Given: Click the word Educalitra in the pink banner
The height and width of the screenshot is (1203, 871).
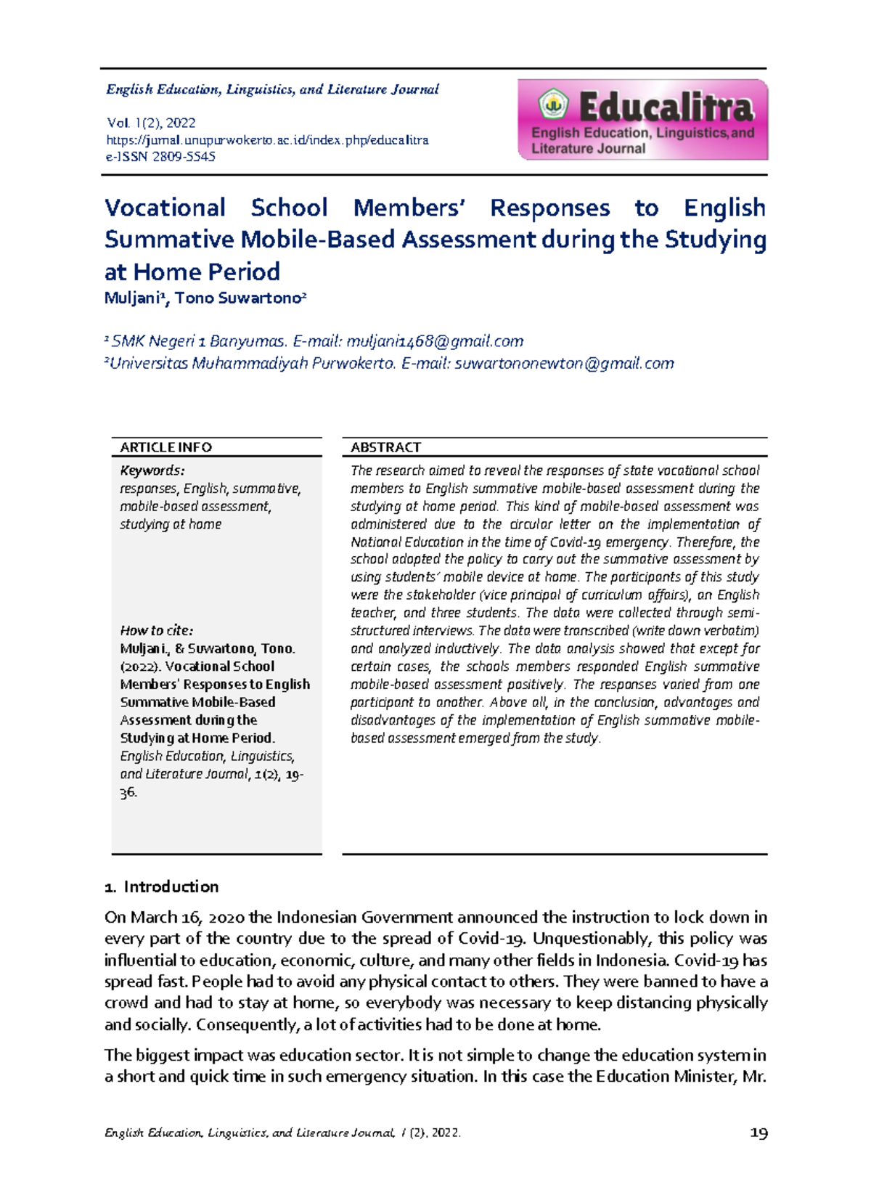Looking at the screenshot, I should [666, 108].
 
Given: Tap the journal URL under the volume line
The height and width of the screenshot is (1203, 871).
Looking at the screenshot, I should [267, 139].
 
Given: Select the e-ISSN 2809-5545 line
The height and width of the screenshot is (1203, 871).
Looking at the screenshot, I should [160, 156].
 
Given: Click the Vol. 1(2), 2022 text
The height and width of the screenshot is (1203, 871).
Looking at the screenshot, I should [151, 123].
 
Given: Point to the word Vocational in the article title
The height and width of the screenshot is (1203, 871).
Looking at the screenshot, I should [165, 208].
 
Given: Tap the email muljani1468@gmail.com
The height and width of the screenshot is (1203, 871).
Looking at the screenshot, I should [435, 341].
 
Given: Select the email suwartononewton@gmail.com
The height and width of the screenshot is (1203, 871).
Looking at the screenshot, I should [564, 363].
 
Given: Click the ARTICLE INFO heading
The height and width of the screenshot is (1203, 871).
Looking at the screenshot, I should [165, 447].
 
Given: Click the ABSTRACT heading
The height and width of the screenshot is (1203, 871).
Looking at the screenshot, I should [385, 447].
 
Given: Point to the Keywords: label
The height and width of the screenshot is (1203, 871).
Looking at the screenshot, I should [152, 470].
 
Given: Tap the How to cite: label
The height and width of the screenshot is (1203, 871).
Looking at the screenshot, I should [156, 630].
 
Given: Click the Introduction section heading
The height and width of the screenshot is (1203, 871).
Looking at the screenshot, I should [171, 886].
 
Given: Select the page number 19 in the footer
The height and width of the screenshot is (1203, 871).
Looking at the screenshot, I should [758, 1133].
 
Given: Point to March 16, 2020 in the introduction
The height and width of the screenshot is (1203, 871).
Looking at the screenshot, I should [172, 917].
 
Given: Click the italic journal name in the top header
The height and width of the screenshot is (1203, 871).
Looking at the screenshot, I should [272, 89].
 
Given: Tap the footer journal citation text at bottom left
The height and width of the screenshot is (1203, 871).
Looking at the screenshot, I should [282, 1133].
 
